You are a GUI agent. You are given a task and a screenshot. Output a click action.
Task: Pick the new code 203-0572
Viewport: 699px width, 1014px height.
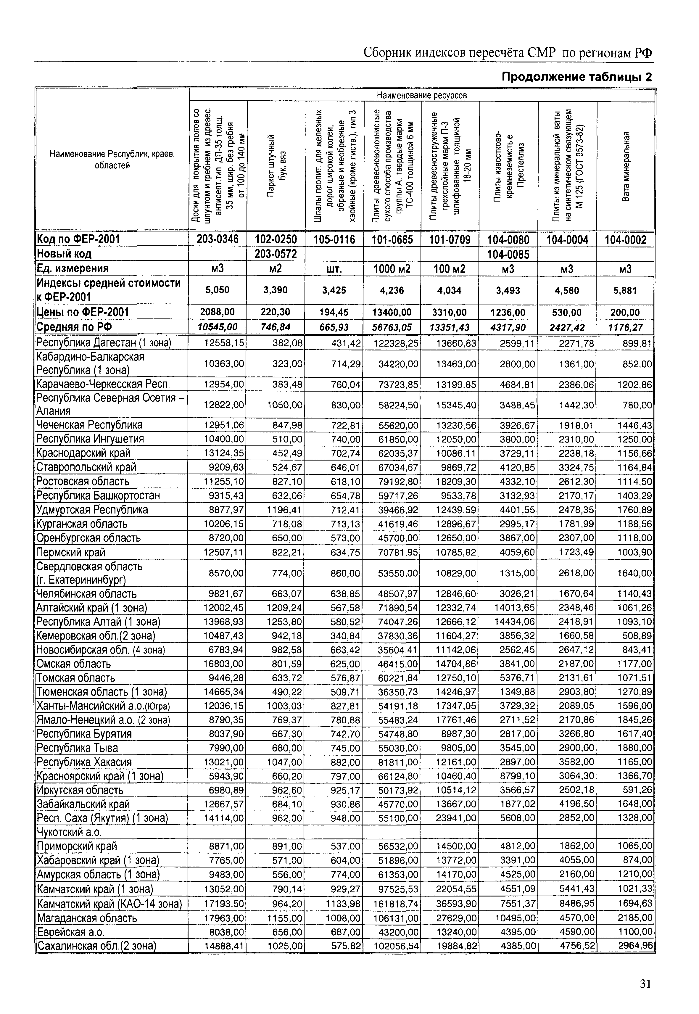point(276,254)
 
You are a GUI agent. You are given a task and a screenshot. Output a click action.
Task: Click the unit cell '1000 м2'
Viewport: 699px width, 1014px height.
point(392,268)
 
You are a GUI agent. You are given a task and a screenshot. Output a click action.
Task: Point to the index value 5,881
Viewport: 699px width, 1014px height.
point(625,290)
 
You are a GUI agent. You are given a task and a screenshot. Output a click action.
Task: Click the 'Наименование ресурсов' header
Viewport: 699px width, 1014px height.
point(422,95)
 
